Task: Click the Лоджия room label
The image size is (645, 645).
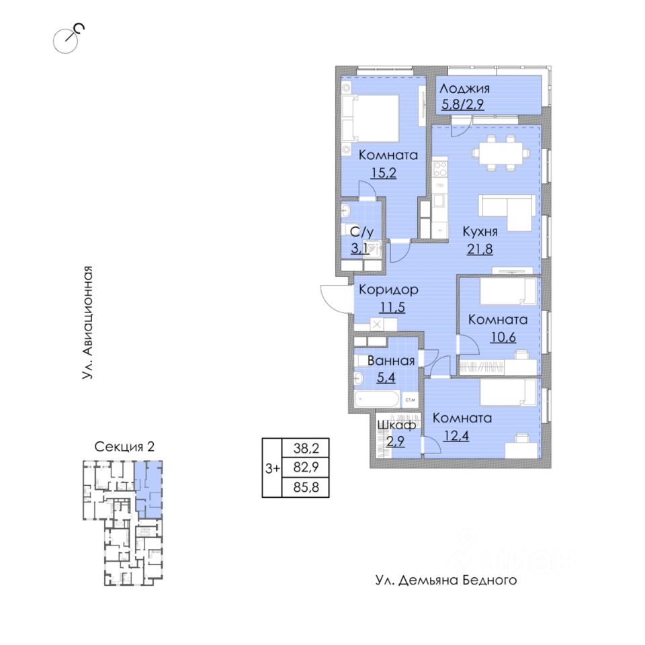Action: [x=465, y=89]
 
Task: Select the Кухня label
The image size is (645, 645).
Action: [x=479, y=232]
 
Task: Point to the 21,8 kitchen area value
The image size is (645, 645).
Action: [x=479, y=249]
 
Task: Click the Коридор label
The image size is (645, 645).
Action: [x=388, y=290]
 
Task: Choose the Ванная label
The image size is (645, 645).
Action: [x=386, y=361]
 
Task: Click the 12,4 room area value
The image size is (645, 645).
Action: [x=457, y=435]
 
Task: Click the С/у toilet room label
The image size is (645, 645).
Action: [x=361, y=231]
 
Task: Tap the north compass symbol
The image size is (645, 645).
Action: [x=70, y=37]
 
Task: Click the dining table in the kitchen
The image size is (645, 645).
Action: [x=498, y=153]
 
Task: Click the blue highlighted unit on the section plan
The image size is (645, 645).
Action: [x=148, y=487]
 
